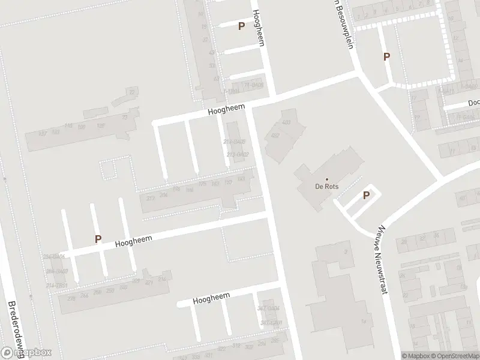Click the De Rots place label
pyautogui.click(x=327, y=187)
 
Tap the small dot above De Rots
pyautogui.click(x=327, y=179)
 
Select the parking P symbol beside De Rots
pyautogui.click(x=365, y=195)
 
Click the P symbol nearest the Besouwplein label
pyautogui.click(x=387, y=56)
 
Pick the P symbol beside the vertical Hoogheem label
pyautogui.click(x=241, y=26)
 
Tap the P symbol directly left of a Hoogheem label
pyautogui.click(x=98, y=239)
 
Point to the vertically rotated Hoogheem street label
pyautogui.click(x=259, y=28)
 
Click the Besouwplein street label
pyautogui.click(x=343, y=27)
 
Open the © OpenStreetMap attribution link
pyautogui.click(x=454, y=356)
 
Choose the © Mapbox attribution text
pyautogui.click(x=415, y=356)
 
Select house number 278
pyautogui.click(x=71, y=298)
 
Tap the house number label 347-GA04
pyautogui.click(x=268, y=308)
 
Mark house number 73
pyautogui.click(x=125, y=118)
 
